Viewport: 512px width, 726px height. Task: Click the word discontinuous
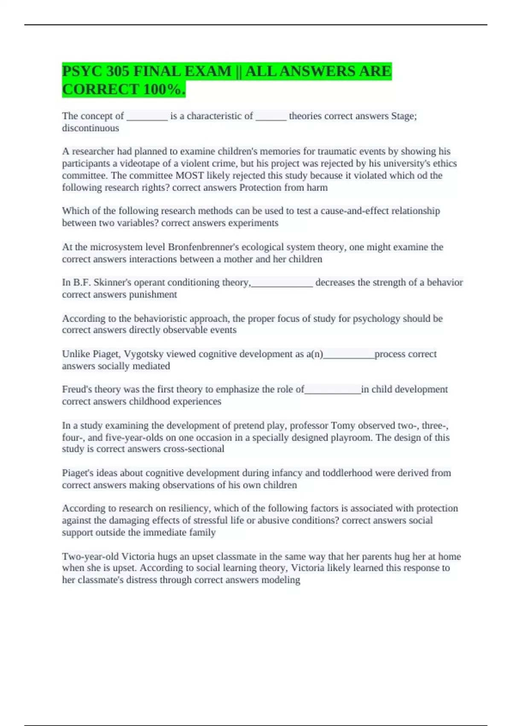[x=90, y=128]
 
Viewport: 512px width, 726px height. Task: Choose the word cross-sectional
[x=197, y=449]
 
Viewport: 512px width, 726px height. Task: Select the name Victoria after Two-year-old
[x=138, y=556]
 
